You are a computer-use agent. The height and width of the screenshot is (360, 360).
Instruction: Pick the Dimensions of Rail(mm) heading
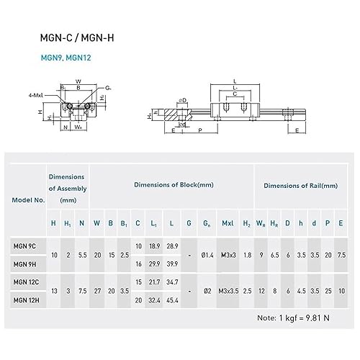[x=300, y=185]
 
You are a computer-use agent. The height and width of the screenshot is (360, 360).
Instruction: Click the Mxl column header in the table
[x=227, y=223]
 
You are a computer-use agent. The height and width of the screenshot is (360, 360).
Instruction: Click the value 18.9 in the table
[x=153, y=246]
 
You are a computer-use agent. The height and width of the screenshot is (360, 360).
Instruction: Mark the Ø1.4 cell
[x=207, y=255]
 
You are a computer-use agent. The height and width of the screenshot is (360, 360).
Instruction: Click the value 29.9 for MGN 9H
[x=153, y=264]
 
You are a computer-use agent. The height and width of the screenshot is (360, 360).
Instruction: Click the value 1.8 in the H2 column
[x=247, y=255]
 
